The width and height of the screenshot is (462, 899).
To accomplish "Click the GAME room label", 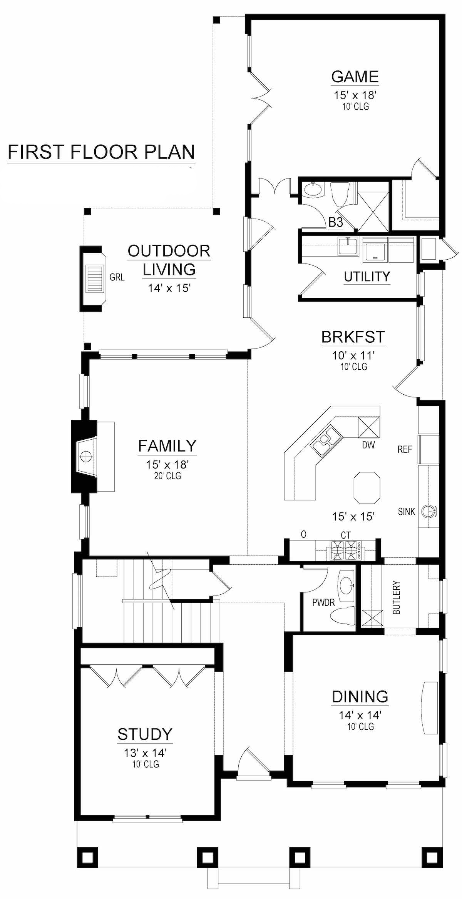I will point(355,77).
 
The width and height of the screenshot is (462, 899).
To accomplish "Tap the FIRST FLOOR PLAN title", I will point(101,152).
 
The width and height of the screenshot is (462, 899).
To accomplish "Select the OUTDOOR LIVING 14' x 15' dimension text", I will point(169,288).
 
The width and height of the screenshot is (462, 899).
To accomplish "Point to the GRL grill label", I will point(117,277).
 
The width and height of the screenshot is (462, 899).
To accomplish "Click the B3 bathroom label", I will point(335,222).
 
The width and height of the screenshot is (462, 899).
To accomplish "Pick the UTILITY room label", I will point(367,277).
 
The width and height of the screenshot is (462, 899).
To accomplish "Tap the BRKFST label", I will point(353,337).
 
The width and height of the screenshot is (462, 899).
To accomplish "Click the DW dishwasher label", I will point(368,445).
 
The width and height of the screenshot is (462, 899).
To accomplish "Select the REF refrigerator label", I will point(405,449).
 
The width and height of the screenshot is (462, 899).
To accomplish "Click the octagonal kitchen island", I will point(367,487).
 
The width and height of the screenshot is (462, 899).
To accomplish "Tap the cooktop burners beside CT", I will point(345,550).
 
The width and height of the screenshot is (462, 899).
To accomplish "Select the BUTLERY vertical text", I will point(397,597).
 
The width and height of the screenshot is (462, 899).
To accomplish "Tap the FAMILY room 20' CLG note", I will point(167,476).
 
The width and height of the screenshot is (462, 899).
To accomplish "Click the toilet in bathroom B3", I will point(340,195).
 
